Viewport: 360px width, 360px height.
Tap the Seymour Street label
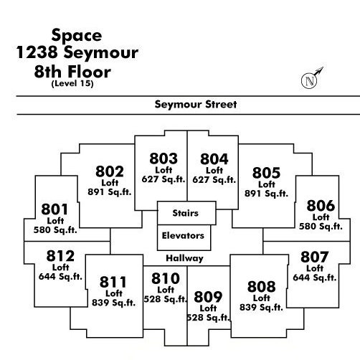click(x=196, y=105)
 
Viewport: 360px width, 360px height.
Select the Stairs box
click(x=186, y=213)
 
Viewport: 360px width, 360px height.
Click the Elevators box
click(x=184, y=237)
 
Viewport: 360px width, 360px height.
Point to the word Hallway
click(x=184, y=258)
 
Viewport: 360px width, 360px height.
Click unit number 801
click(x=55, y=209)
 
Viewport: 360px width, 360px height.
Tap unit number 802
click(x=110, y=171)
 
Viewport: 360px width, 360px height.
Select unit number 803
click(x=164, y=158)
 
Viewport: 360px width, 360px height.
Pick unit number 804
click(x=214, y=159)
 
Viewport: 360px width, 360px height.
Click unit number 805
click(x=266, y=173)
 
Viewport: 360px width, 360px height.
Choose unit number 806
click(x=321, y=206)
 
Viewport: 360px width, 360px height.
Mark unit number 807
click(x=315, y=257)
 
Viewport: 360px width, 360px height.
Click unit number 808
click(x=262, y=287)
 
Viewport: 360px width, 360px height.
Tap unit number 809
click(x=208, y=297)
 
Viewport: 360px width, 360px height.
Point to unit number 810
click(x=166, y=278)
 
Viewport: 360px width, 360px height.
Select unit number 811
click(x=113, y=282)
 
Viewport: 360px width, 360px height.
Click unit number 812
click(x=60, y=256)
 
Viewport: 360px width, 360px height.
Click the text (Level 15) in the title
click(x=72, y=83)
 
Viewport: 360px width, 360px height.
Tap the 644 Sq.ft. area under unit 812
click(x=60, y=277)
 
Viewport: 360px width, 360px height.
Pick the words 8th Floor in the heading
click(x=72, y=72)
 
